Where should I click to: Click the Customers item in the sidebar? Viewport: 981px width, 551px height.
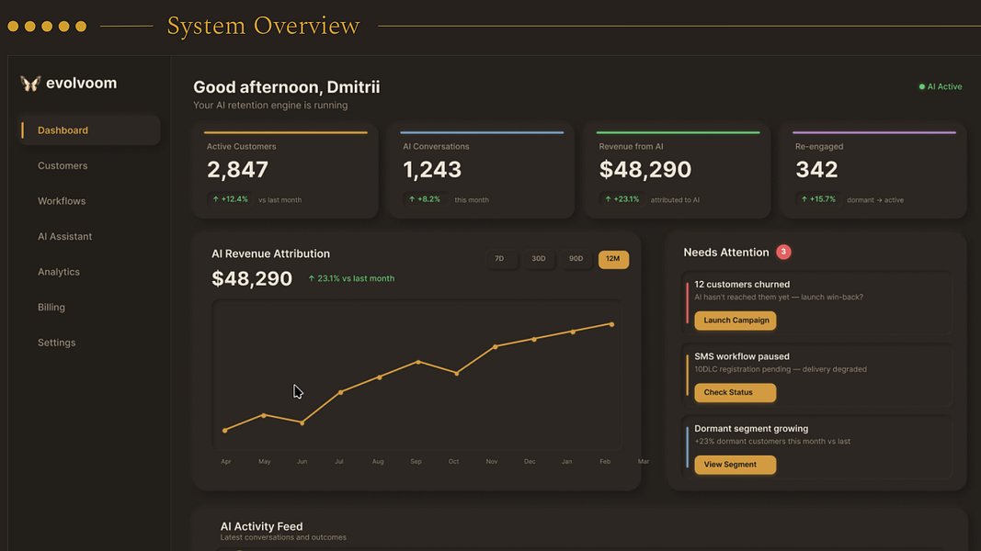pos(63,165)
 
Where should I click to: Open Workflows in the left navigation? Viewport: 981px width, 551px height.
pos(62,201)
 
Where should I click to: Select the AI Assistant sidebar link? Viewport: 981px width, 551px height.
pos(64,236)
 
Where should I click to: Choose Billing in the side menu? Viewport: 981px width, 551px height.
pos(51,308)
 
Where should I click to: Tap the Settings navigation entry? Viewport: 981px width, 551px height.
pos(56,343)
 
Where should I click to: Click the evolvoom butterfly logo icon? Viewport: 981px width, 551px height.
pos(30,83)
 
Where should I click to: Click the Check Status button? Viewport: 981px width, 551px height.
pos(736,392)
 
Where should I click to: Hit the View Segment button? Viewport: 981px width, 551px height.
pos(736,465)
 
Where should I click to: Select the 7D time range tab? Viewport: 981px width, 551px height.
pos(499,259)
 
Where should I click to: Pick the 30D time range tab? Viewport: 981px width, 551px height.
pos(538,259)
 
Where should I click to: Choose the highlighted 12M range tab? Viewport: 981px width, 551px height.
pos(613,259)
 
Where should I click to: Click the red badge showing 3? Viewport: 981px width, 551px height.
pos(783,252)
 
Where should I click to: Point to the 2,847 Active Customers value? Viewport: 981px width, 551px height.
pos(238,169)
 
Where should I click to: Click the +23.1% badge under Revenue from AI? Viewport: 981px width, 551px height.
pos(622,199)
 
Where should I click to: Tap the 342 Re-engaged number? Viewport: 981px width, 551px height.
pos(816,169)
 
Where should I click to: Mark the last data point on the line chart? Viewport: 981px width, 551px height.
pos(612,324)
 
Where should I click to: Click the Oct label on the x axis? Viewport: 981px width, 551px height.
pos(453,462)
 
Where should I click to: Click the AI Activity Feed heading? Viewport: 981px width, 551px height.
pos(261,526)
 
